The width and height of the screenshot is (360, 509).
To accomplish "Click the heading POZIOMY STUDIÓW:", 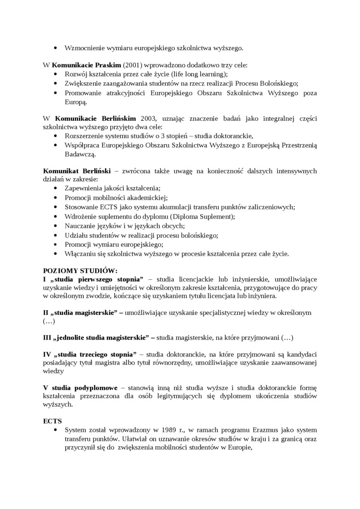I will (80, 270).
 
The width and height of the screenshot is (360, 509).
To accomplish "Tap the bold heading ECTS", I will (52, 420).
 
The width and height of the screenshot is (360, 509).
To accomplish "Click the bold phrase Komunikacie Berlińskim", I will (96, 118).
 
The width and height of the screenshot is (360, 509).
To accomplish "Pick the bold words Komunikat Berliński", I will (77, 170).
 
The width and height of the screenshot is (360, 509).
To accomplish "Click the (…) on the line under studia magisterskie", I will (49, 321).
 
